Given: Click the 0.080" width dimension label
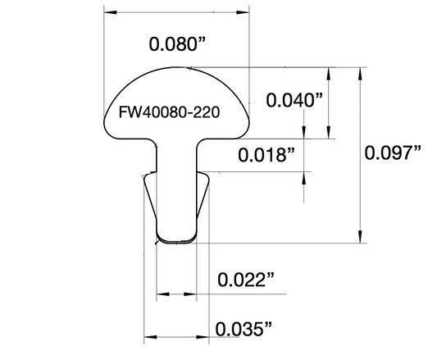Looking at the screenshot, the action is pyautogui.click(x=177, y=44).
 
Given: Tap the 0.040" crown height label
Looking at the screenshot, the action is pyautogui.click(x=294, y=100).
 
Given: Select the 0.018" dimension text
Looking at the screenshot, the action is pyautogui.click(x=266, y=155).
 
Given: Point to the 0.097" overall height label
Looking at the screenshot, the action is pyautogui.click(x=393, y=153).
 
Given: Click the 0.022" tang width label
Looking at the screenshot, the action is pyautogui.click(x=245, y=280).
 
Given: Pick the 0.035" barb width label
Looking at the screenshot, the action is pyautogui.click(x=244, y=329).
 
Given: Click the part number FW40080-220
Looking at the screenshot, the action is pyautogui.click(x=169, y=112).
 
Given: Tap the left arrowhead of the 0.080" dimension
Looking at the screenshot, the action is pyautogui.click(x=111, y=12).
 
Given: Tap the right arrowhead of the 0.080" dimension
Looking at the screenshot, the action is pyautogui.click(x=243, y=12).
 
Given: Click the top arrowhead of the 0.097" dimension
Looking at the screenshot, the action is pyautogui.click(x=360, y=74).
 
